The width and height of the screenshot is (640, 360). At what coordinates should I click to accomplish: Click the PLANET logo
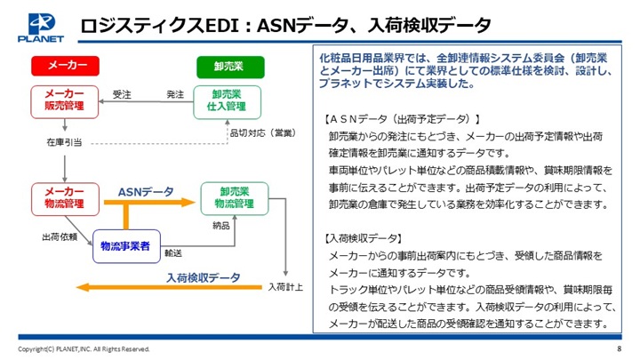(41, 28)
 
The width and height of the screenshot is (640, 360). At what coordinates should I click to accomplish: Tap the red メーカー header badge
(65, 66)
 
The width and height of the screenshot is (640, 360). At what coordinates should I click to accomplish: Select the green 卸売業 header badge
(230, 67)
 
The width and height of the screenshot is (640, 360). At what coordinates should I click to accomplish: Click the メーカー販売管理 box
(65, 101)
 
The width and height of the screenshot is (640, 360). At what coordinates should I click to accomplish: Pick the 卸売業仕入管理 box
(227, 102)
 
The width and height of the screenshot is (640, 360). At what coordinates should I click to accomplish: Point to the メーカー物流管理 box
(65, 199)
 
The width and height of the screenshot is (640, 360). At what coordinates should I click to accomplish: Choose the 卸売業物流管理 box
(235, 199)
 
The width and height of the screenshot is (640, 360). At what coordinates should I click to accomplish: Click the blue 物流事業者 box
(126, 246)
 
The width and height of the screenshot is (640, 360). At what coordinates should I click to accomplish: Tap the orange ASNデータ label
(146, 191)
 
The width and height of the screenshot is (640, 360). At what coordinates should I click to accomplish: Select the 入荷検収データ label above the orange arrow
(204, 277)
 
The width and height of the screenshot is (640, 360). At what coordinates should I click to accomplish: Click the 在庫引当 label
(64, 142)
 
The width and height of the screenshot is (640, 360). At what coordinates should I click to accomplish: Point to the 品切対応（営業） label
(263, 132)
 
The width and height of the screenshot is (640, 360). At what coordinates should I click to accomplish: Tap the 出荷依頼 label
(60, 236)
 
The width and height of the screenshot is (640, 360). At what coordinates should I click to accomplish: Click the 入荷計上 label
(285, 287)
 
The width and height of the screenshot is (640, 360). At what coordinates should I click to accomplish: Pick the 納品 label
(221, 225)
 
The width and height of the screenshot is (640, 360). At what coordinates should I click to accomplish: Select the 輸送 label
(173, 253)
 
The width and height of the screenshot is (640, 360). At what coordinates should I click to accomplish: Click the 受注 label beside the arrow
(122, 94)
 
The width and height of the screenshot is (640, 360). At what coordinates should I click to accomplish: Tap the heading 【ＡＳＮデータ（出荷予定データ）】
(401, 119)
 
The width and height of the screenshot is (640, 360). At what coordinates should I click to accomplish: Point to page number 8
(620, 348)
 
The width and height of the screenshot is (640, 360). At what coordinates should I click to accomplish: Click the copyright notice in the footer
(84, 349)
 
